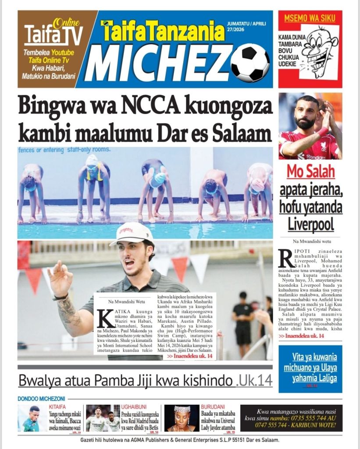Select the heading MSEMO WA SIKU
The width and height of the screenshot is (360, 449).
point(310,18)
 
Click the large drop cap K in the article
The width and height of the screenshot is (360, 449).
point(104,319)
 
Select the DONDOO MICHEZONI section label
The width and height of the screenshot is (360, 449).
point(41,399)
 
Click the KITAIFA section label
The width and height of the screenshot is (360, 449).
point(57,407)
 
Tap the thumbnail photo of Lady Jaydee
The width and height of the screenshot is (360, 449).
point(181,418)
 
